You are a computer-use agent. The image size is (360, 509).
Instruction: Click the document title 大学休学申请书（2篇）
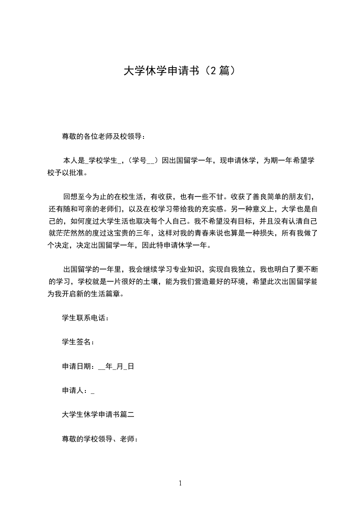(180, 71)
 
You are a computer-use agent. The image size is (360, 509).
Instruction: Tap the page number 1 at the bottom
(180, 483)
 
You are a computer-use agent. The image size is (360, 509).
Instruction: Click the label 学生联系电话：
(85, 318)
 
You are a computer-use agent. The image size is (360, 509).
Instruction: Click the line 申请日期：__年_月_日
(98, 366)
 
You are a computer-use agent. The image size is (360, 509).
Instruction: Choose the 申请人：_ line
(78, 390)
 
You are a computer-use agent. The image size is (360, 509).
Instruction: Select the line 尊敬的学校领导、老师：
(99, 439)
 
